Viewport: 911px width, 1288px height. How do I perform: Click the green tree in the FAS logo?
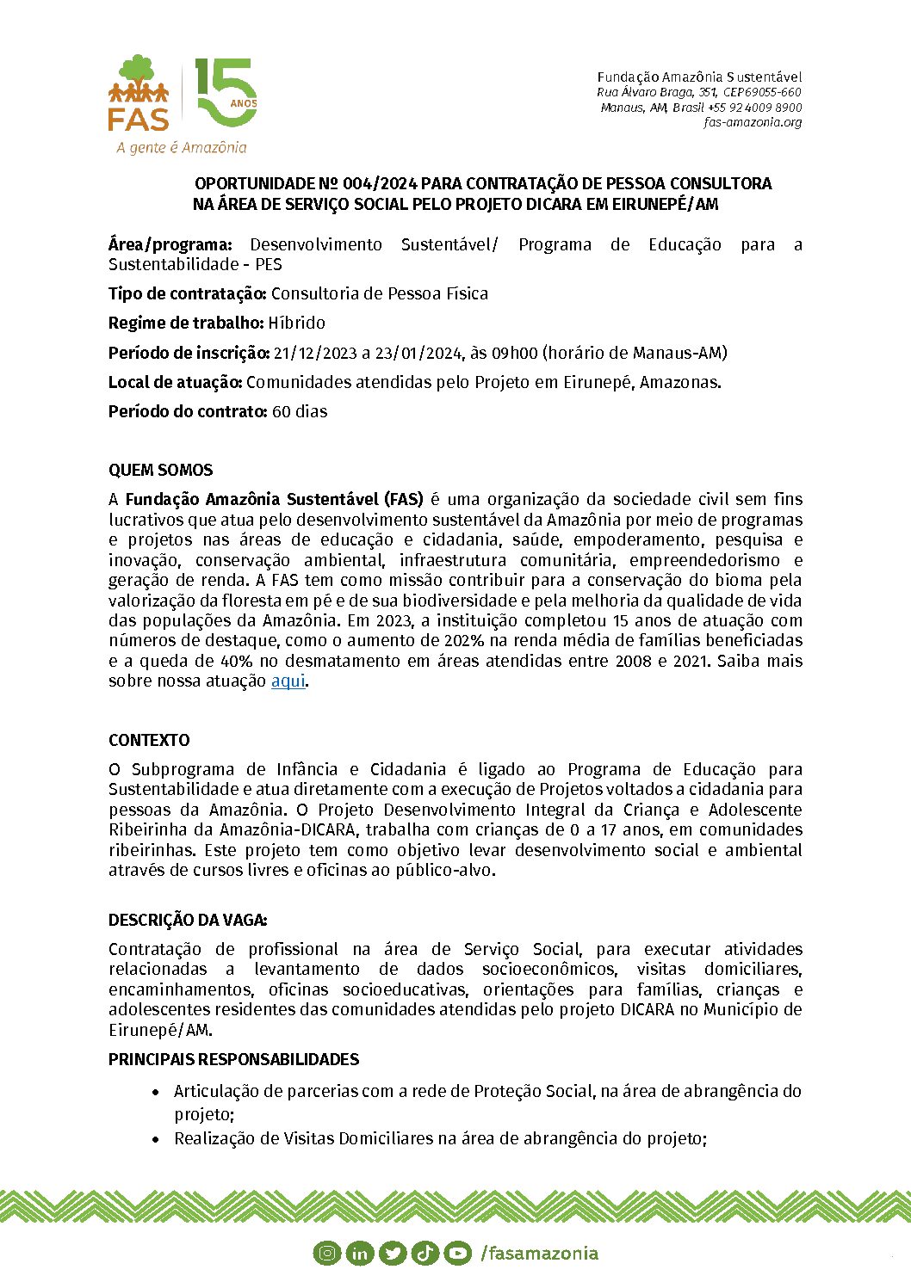click(x=137, y=69)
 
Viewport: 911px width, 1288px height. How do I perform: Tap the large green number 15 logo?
click(x=226, y=93)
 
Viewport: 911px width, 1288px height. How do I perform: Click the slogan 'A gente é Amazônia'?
click(x=182, y=148)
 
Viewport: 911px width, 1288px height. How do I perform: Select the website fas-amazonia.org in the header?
click(x=753, y=122)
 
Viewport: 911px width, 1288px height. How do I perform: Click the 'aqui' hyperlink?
click(x=288, y=681)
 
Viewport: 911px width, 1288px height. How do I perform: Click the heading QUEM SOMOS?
click(x=160, y=471)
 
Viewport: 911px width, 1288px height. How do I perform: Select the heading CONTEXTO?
click(x=149, y=741)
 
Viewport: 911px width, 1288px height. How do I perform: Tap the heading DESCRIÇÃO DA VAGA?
click(x=188, y=921)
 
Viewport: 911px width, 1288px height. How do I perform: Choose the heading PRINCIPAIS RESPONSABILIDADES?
click(x=233, y=1060)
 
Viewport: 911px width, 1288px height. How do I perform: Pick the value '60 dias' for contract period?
click(x=300, y=412)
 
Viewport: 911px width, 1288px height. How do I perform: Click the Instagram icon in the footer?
click(x=326, y=1254)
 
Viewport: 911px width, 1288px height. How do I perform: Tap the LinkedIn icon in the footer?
click(x=359, y=1254)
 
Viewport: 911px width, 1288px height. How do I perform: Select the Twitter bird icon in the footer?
click(x=392, y=1254)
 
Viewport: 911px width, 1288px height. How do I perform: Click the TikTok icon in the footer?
click(x=425, y=1254)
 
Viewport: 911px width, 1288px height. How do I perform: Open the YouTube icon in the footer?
click(x=457, y=1254)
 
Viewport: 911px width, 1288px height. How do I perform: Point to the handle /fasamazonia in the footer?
click(x=539, y=1254)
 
